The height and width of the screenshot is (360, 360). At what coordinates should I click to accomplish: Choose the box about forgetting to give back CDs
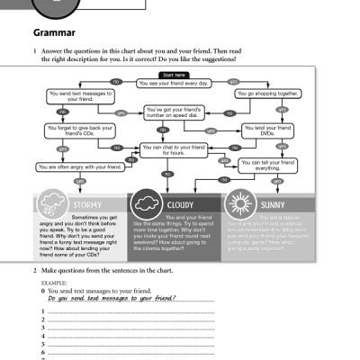70,132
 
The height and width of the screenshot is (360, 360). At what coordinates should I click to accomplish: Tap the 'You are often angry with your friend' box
78,167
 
